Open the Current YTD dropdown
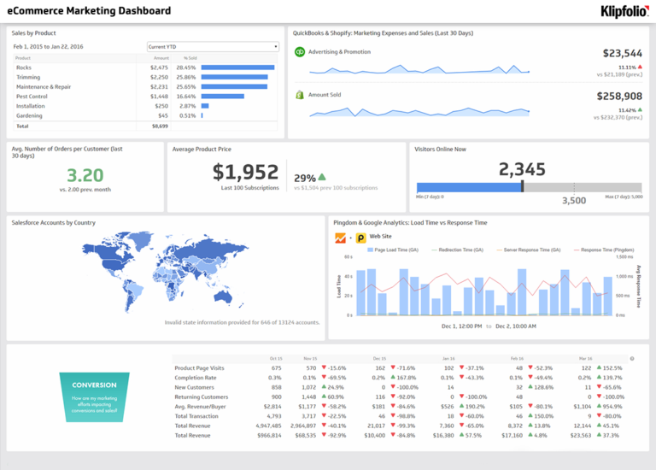213,46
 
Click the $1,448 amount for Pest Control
160,96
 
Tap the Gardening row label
29,115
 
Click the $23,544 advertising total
622,53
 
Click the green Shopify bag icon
299,95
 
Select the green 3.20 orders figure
85,175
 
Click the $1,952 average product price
245,172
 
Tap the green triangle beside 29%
322,177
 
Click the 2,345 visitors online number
522,169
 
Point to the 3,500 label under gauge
573,201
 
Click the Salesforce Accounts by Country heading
53,222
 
